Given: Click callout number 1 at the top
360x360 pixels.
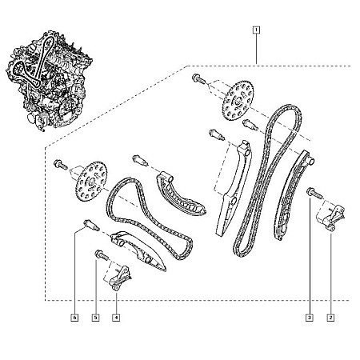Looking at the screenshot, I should (255, 31).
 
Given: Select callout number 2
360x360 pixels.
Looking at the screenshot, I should (330, 318).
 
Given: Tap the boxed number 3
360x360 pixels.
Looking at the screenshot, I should (308, 318).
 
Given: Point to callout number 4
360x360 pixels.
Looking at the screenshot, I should (116, 318).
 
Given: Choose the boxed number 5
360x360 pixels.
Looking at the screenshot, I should (95, 318).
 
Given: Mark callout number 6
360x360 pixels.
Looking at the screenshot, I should (74, 318).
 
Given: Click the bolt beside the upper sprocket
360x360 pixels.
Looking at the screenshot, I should (198, 80).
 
